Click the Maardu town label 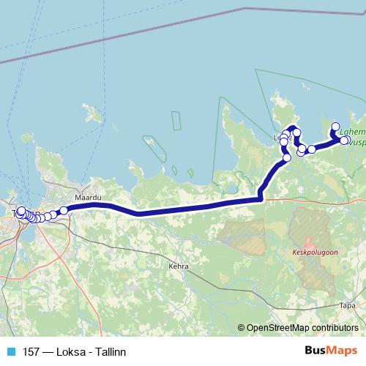87,198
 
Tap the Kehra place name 179,266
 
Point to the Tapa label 349,304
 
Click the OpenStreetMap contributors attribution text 302,329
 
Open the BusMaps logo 330,351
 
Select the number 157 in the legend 31,351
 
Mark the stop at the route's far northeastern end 336,126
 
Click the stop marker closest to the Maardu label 64,210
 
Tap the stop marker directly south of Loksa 287,157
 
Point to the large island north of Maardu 92,114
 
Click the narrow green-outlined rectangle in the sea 176,122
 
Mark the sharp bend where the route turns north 261,198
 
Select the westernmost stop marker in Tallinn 19,212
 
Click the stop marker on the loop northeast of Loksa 296,132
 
